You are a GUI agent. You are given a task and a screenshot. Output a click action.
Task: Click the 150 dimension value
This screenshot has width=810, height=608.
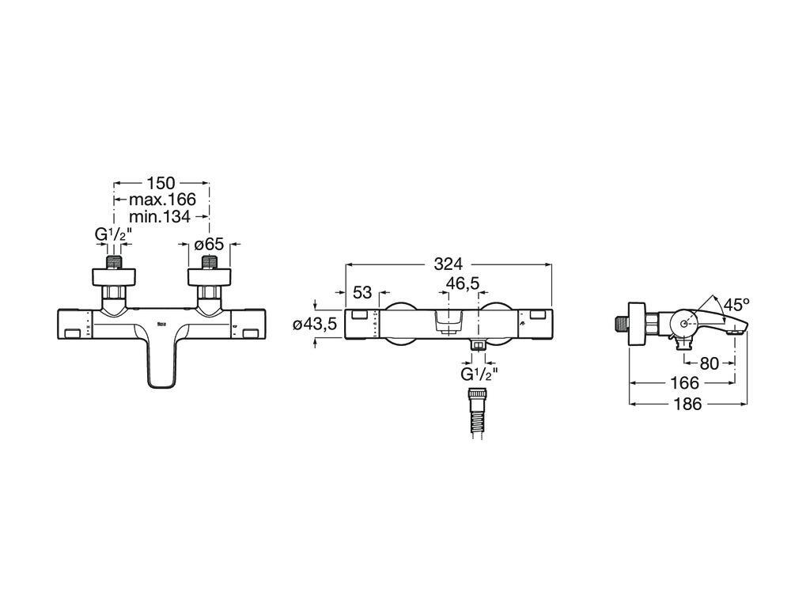pos(161,183)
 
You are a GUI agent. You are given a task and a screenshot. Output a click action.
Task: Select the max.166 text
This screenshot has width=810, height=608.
pos(162,199)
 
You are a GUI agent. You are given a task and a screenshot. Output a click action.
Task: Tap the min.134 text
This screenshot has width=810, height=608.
pos(160,216)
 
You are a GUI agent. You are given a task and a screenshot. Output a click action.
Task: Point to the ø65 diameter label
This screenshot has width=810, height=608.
pos(209,245)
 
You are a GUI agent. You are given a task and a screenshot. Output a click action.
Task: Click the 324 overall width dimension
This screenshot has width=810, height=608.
pos(448,264)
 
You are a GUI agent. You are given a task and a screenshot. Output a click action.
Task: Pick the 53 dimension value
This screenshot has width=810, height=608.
pos(362,292)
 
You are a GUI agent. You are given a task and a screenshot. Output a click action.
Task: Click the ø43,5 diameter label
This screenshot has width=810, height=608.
pos(315,324)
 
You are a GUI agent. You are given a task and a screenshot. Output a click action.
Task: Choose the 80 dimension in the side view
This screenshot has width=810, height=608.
pos(709,363)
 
